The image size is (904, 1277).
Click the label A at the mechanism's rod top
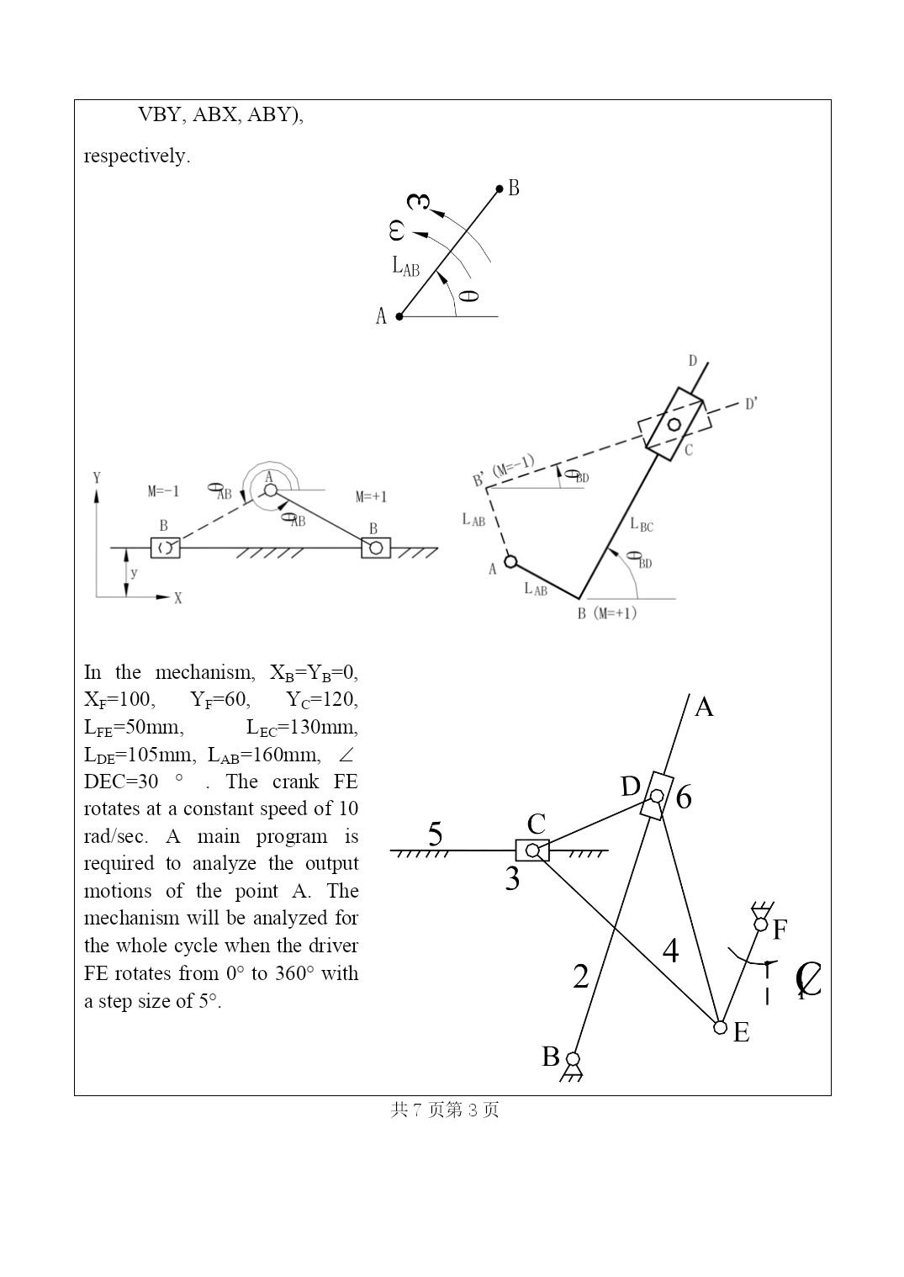[704, 707]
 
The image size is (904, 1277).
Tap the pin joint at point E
[720, 1027]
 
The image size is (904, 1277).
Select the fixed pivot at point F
[761, 925]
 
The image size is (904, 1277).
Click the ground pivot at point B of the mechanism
[573, 1058]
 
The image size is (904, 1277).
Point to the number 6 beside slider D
[684, 797]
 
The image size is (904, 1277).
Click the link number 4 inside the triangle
[670, 951]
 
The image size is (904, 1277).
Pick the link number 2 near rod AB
[581, 977]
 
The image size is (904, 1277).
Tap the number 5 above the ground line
[435, 834]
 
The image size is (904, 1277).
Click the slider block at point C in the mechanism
[532, 851]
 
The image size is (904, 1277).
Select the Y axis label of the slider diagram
[97, 478]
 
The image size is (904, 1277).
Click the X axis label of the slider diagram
[177, 599]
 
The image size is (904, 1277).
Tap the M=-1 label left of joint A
[163, 491]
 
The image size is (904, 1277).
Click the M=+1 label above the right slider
[371, 497]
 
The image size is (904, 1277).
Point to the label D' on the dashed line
[751, 405]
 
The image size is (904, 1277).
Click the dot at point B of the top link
[500, 189]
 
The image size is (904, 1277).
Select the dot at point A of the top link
[399, 316]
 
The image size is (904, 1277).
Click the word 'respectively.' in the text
[137, 156]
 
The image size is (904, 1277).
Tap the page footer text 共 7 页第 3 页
[445, 1110]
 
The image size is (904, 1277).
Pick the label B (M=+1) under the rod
[606, 613]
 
